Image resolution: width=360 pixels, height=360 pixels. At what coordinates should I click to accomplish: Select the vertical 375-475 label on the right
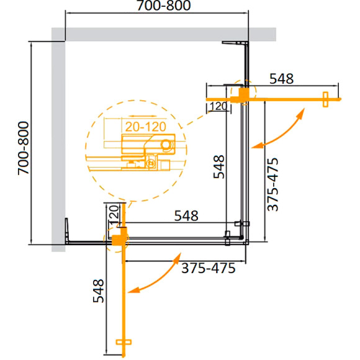coord(276,184)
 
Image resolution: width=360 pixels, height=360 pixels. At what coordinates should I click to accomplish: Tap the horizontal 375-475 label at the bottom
coord(208,269)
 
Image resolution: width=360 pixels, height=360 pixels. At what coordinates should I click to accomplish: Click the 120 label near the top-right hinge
coord(216,107)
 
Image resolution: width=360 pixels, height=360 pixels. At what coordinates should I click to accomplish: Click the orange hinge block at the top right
coord(242,94)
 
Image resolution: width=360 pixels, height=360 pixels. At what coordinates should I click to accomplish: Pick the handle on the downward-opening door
coord(124,343)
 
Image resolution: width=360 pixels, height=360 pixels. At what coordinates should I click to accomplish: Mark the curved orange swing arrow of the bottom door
coord(158,273)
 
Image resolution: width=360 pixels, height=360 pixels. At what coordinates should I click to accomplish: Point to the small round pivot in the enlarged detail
coord(164,144)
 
